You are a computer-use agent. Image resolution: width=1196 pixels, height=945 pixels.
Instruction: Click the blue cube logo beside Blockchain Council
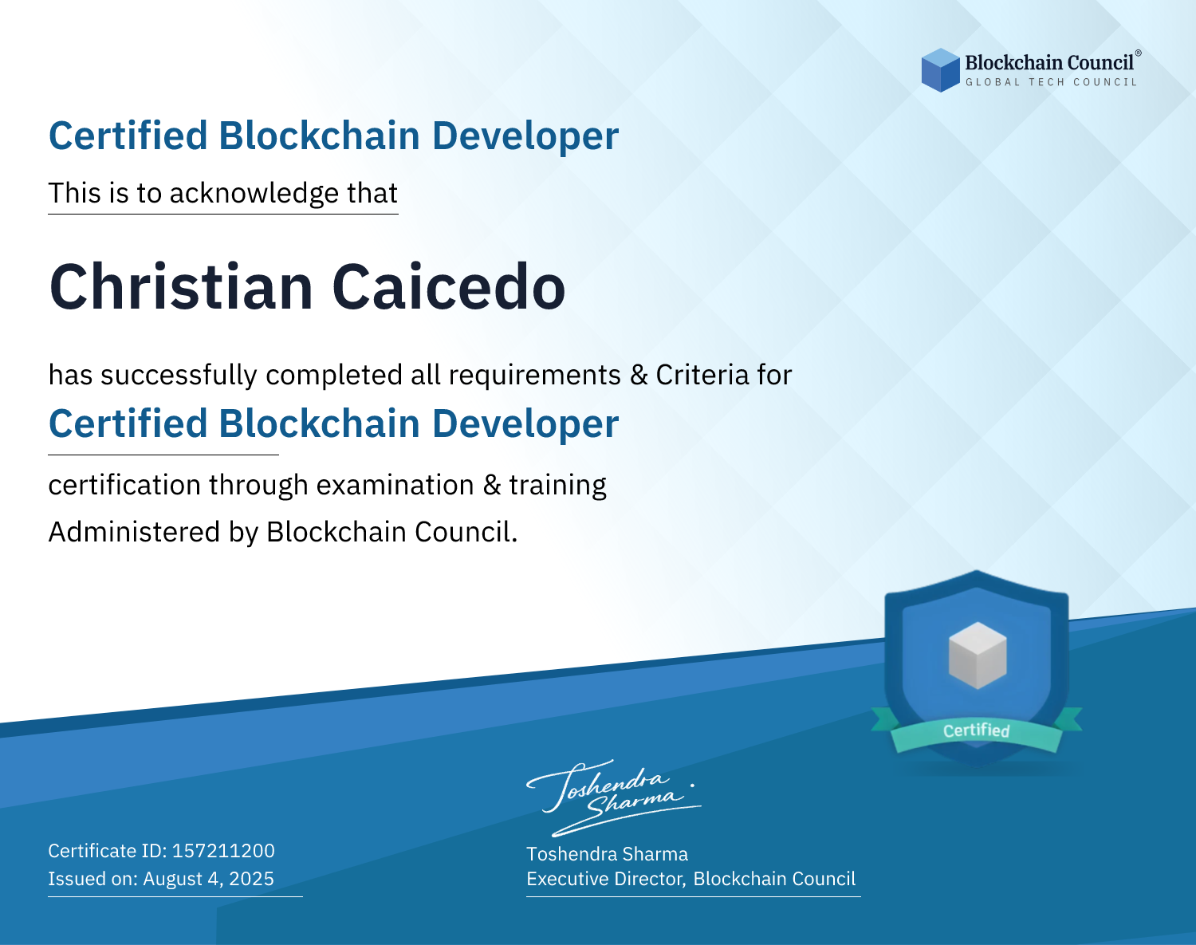940,70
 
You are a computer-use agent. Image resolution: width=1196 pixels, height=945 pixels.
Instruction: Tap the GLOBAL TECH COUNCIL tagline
1052,82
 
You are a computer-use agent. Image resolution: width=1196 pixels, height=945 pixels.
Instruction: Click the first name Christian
181,288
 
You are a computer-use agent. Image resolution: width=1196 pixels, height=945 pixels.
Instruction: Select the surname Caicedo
449,288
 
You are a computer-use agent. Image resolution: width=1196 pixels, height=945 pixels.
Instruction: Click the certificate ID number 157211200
223,850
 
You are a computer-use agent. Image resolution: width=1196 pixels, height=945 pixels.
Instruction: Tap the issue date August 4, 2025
208,878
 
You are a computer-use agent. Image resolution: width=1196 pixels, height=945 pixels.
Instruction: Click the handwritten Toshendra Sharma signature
614,797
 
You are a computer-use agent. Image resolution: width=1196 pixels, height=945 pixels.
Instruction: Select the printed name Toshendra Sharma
607,854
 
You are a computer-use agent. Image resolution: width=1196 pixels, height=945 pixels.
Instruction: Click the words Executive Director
605,879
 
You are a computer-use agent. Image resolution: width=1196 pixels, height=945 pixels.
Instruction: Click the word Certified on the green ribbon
977,730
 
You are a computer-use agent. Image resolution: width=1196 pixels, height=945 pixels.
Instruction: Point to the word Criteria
702,375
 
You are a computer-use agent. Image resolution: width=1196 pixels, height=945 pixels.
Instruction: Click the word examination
395,485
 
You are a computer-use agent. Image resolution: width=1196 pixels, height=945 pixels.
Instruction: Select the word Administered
135,531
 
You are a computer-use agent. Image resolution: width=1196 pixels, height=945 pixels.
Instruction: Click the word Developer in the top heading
525,136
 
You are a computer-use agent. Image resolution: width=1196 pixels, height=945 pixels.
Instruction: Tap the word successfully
179,376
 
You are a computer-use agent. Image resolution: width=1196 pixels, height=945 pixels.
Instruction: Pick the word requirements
535,376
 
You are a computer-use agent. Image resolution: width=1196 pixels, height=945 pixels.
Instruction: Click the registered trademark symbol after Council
1139,53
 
